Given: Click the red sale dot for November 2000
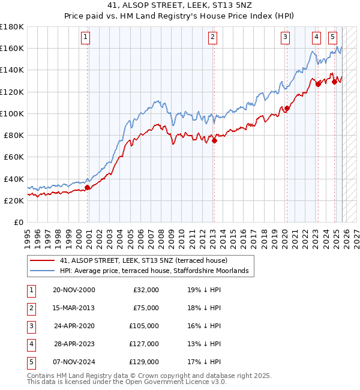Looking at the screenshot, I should click(x=88, y=187).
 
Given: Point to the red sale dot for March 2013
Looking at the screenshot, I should click(x=214, y=141).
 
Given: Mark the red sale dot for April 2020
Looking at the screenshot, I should click(x=287, y=109).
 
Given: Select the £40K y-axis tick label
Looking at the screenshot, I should click(x=13, y=179).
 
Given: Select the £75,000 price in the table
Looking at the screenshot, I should click(x=146, y=308).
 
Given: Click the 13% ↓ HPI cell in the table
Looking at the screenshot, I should click(x=204, y=344).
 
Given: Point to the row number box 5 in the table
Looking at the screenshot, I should click(x=30, y=362).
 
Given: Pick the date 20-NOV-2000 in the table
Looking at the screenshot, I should click(x=74, y=290).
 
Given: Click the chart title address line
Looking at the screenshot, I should click(x=180, y=7).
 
